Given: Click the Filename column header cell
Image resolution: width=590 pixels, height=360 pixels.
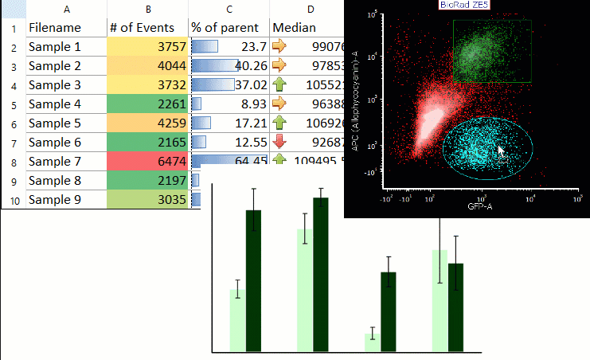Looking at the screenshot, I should click(67, 28).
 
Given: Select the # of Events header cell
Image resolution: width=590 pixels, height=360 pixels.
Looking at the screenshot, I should click(148, 28).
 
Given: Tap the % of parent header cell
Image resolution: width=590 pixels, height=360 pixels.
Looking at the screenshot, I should click(229, 28).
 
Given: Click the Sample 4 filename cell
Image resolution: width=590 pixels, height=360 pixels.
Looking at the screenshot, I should click(67, 104).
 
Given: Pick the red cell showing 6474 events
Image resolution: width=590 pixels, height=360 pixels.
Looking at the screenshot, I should click(148, 162).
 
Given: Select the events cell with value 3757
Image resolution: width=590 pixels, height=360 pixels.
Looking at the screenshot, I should click(148, 47).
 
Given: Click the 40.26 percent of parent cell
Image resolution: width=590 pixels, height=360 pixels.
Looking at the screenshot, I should click(229, 66).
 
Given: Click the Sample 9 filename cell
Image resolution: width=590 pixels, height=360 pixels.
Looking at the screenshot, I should click(67, 200).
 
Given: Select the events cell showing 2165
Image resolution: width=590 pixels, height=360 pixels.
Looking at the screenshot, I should click(148, 143).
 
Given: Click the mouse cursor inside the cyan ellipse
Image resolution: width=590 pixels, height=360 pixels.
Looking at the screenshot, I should click(501, 151).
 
